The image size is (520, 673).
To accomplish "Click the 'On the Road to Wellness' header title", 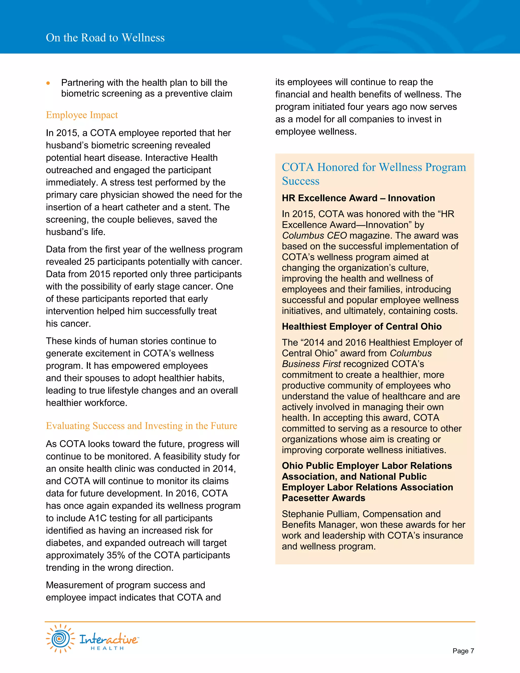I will tap(105, 38).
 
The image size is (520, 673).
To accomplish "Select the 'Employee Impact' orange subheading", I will tap(82, 115).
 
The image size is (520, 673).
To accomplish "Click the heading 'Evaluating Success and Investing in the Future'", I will tap(141, 426).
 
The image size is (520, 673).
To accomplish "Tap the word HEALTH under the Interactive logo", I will tap(107, 648).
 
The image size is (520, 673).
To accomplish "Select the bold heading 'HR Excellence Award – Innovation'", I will tap(358, 198).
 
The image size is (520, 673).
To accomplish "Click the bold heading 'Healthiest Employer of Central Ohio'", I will tap(361, 327).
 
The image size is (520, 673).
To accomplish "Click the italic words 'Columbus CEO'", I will tap(314, 236).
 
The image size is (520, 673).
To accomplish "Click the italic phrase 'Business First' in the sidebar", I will tap(311, 364).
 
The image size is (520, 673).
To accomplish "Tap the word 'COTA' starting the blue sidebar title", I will tap(298, 167).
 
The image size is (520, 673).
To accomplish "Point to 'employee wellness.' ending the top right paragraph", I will tap(316, 132).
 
